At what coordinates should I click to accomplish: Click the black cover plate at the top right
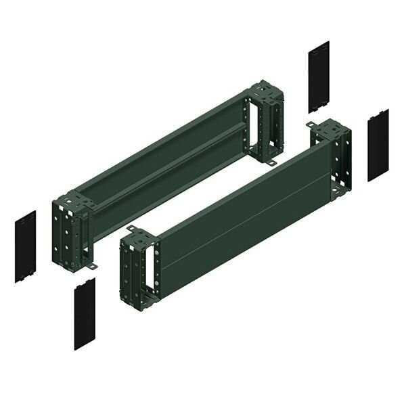319,76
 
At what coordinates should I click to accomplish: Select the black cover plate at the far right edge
378,145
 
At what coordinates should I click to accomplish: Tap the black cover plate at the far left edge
25,246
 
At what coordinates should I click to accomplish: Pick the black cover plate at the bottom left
85,313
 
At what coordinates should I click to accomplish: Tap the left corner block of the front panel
139,267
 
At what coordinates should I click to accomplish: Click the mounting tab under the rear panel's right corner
270,163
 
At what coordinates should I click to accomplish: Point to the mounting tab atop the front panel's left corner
130,229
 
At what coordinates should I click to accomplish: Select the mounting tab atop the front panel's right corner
311,125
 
